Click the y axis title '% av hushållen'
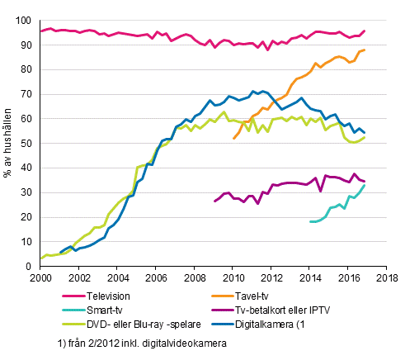point(10,143)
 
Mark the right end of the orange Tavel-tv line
point(365,50)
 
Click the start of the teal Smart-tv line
point(309,221)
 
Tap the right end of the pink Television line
point(365,31)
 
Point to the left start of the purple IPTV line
point(214,201)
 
